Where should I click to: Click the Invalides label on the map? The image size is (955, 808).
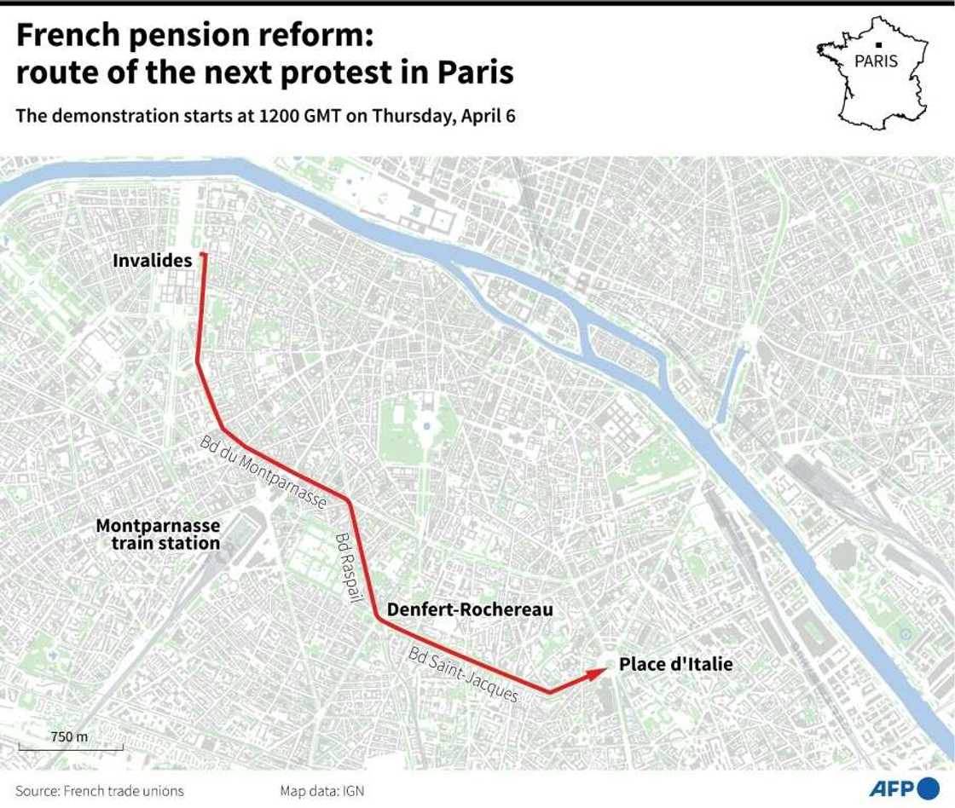153,261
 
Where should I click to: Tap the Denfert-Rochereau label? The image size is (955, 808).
470,609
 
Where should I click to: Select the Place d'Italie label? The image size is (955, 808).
675,664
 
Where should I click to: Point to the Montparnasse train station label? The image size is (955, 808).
158,534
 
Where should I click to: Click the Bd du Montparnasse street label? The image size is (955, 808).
263,472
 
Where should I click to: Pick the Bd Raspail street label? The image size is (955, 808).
346,569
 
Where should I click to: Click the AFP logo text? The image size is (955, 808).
892,788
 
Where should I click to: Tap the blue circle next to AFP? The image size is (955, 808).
929,788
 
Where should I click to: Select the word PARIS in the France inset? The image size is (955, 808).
877,61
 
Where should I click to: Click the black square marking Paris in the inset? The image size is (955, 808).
877,44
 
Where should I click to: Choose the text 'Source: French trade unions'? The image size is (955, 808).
100,791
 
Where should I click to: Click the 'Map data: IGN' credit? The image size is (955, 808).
321,791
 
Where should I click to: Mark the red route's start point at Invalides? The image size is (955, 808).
203,255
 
